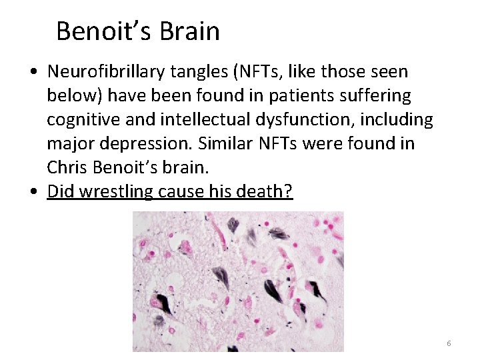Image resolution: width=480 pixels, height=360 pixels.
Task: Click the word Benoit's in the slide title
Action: click(98, 31)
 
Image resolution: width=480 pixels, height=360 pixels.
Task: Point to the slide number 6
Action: click(449, 343)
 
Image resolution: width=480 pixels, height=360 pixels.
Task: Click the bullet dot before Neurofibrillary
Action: click(33, 72)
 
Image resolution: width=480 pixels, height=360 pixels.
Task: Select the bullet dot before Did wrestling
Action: click(33, 192)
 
